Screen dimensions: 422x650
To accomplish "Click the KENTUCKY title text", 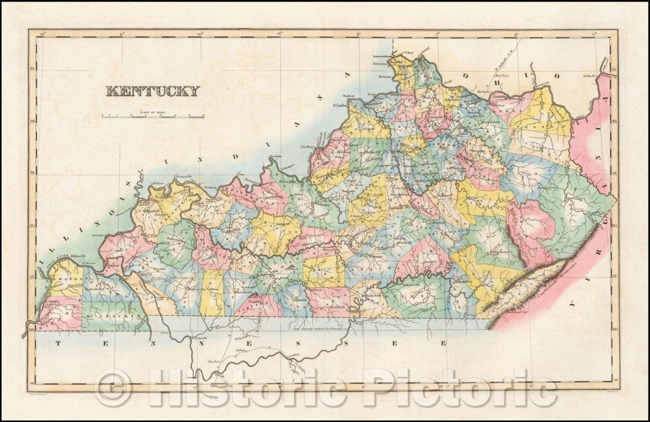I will (x=152, y=92).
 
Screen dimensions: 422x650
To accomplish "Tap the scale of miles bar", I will (x=153, y=116).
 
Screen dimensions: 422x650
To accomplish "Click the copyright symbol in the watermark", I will (x=114, y=388).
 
